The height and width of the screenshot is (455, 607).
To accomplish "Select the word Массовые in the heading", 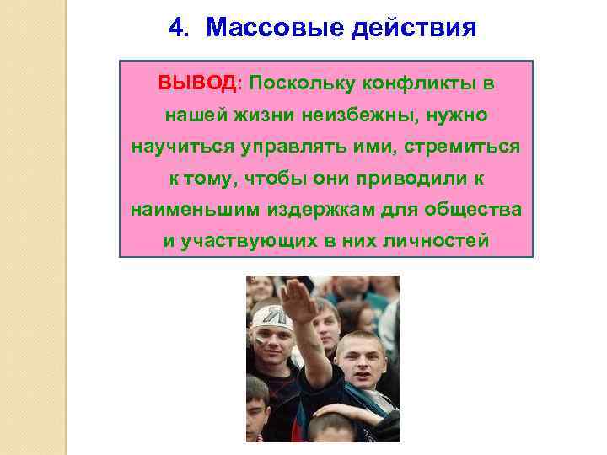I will point(261,29).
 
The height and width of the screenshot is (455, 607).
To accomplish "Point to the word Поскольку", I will point(302,84).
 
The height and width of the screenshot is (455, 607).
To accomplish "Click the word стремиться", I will point(463,147).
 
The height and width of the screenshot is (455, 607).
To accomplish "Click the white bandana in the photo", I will point(272,317).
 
